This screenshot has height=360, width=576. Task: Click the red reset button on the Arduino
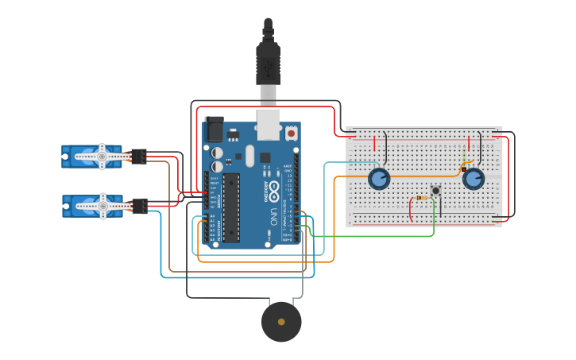point(291,134)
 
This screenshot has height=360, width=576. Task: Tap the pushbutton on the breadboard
point(435,190)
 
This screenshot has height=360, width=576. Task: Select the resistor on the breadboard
point(422,198)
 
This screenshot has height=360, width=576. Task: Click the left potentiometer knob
point(379,179)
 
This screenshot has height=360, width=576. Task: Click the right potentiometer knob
point(474,179)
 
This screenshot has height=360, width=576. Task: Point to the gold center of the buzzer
point(281,322)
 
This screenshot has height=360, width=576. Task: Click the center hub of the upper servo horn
point(102,157)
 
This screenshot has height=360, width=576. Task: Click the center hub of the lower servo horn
point(102,206)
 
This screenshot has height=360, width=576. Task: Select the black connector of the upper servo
point(139,157)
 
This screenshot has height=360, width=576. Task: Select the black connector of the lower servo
point(139,206)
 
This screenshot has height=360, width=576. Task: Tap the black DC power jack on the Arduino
point(215,130)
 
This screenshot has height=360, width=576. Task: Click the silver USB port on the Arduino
point(269,124)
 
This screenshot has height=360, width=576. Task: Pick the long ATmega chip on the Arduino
point(230,207)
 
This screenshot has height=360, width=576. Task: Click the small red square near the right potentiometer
point(463,169)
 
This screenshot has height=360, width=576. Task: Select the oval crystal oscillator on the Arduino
point(249,155)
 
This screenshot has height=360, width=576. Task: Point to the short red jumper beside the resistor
point(412,209)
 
